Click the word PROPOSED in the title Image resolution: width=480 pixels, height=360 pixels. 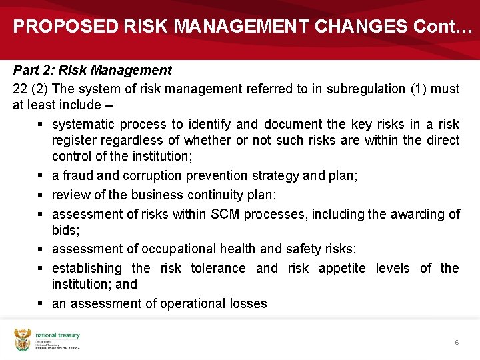65,26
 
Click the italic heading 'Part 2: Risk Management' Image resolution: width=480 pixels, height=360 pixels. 93,70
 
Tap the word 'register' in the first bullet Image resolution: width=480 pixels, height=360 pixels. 74,140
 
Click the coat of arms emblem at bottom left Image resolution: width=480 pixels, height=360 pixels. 23,340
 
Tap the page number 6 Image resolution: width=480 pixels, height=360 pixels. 457,342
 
